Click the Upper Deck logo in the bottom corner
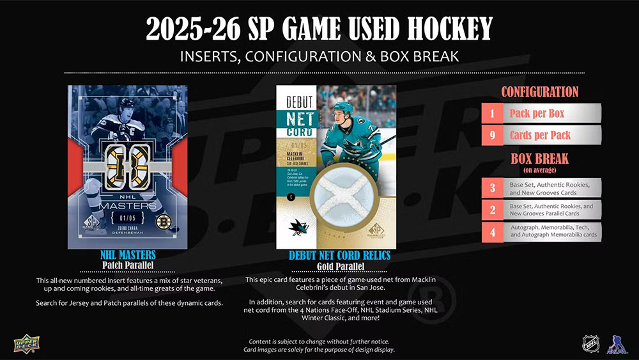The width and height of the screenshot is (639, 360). [x=26, y=343]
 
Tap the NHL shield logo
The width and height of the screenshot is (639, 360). [x=590, y=343]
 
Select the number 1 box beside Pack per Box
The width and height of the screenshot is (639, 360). [x=493, y=114]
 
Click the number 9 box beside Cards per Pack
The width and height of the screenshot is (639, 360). [x=493, y=135]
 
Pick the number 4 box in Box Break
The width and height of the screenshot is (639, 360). [x=493, y=231]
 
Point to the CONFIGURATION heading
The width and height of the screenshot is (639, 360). [x=539, y=91]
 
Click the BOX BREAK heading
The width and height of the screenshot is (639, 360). [x=539, y=159]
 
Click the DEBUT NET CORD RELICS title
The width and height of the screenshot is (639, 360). [x=339, y=256]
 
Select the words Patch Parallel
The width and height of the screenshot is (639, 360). [x=128, y=265]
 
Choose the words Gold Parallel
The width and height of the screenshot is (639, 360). [x=341, y=266]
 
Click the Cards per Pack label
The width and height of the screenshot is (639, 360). [x=540, y=135]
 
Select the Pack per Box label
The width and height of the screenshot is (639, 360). [x=537, y=114]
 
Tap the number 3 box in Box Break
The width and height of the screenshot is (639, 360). [x=493, y=188]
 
